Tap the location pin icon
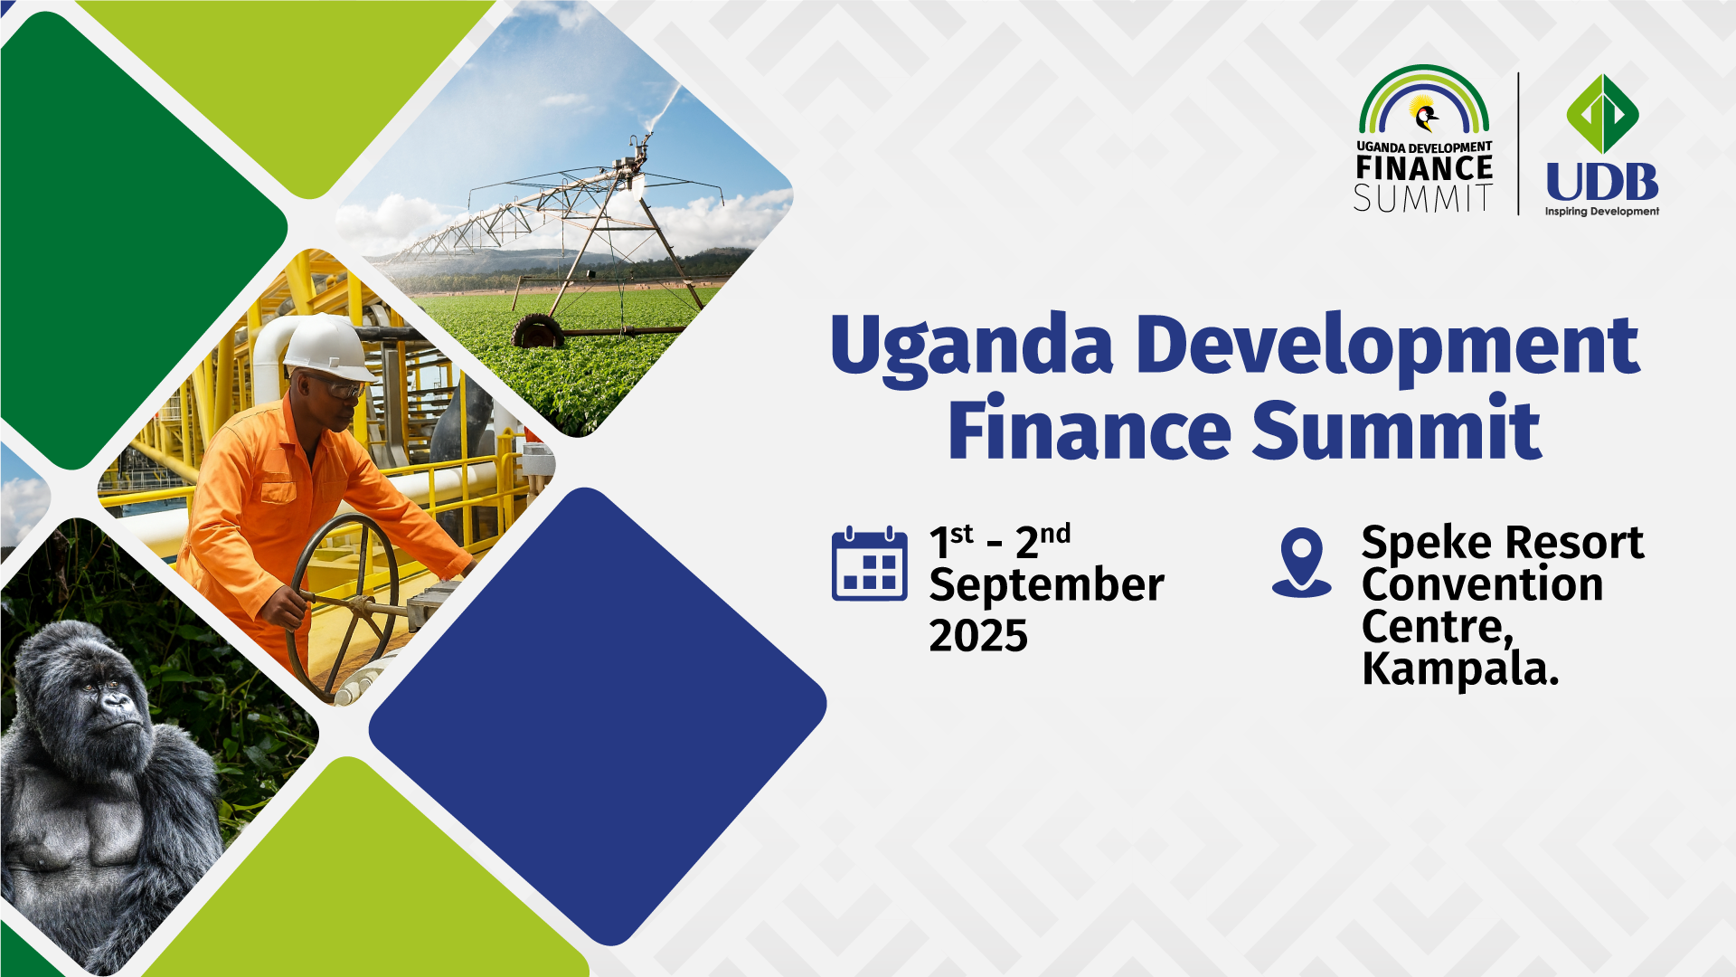click(1302, 562)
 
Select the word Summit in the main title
click(1397, 429)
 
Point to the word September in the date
click(1046, 585)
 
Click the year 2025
click(978, 636)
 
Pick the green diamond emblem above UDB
click(1602, 114)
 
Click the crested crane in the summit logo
click(1425, 115)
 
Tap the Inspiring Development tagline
click(1602, 212)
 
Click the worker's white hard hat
click(328, 347)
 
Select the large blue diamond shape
click(598, 716)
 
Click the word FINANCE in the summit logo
click(1424, 168)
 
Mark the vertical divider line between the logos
click(1519, 144)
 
